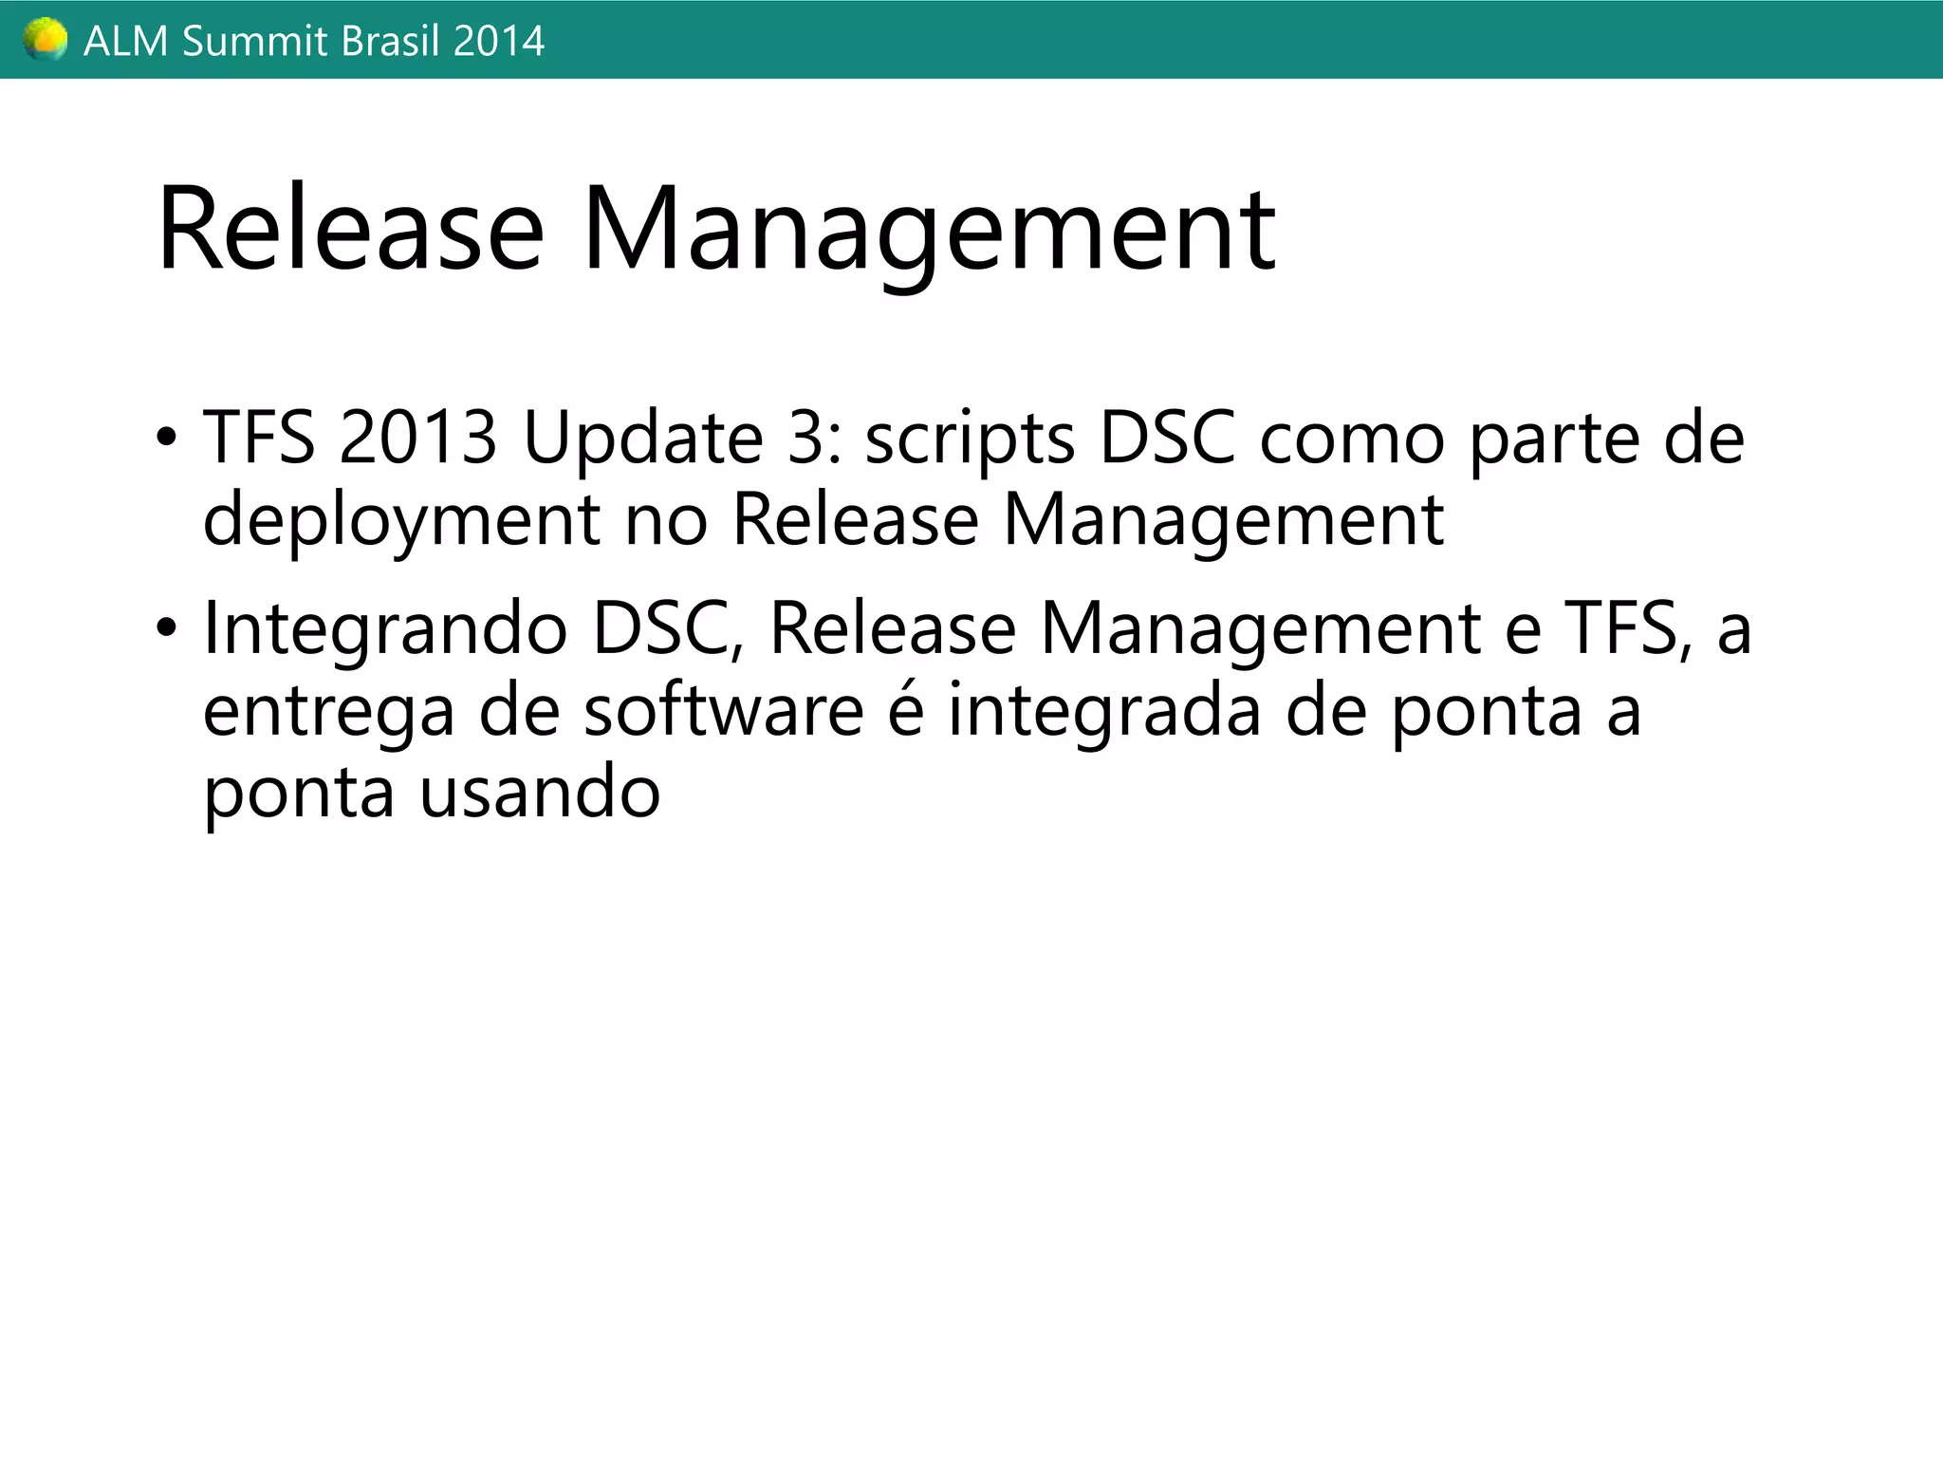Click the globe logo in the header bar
(45, 40)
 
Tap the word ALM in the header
(125, 42)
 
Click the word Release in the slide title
(351, 230)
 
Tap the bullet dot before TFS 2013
(167, 439)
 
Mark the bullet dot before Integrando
(167, 628)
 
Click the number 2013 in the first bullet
(417, 439)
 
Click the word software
(723, 712)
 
